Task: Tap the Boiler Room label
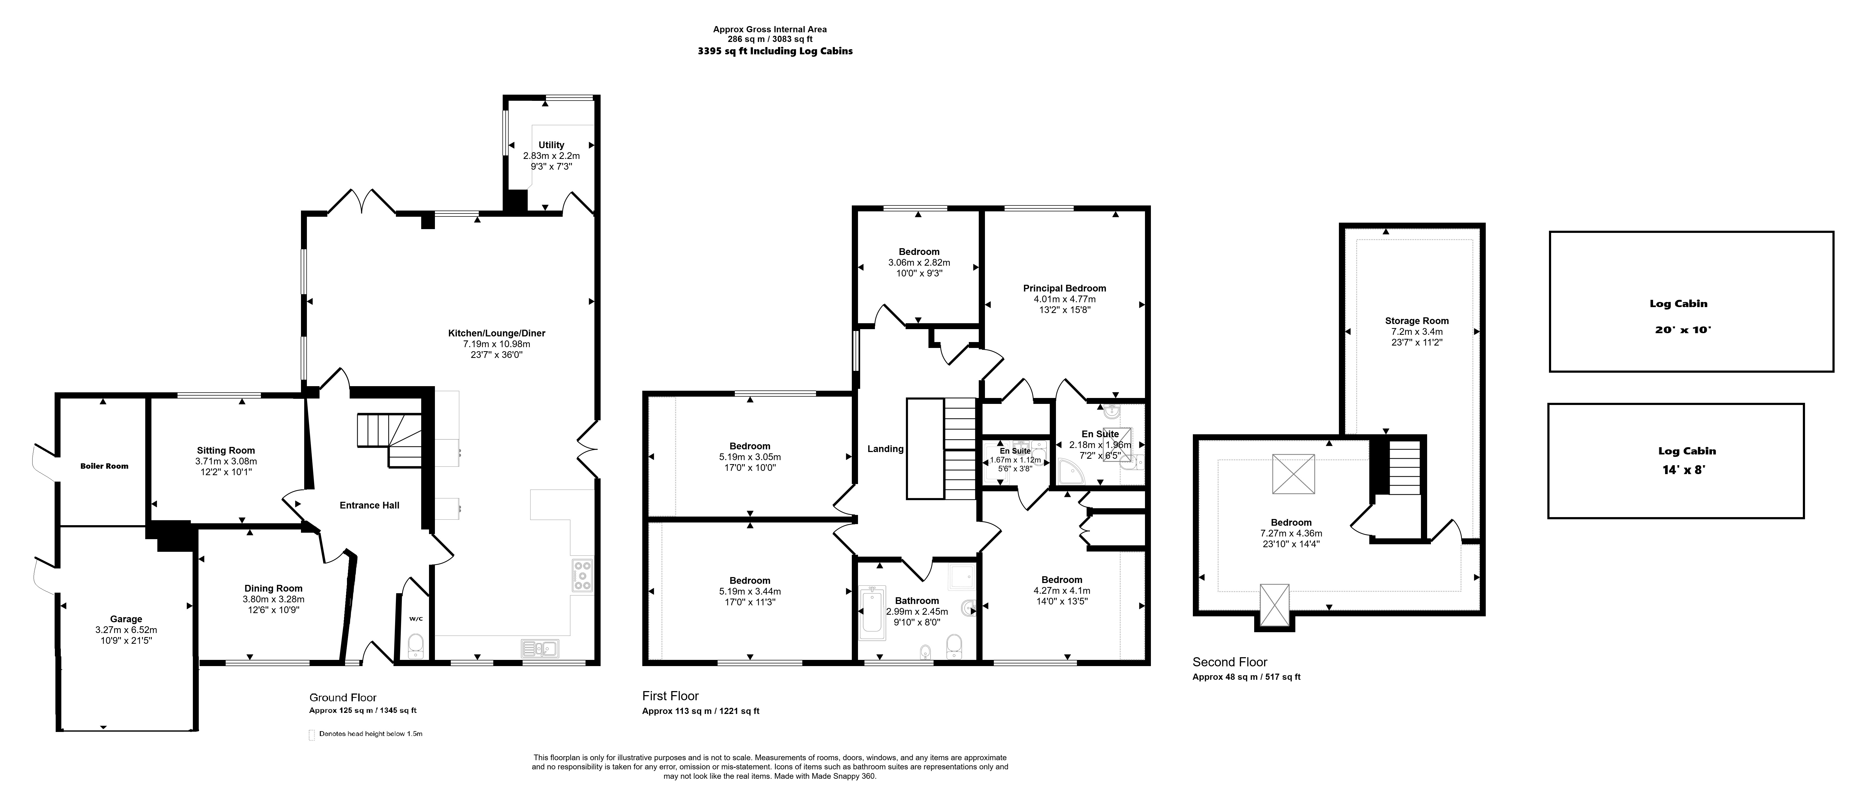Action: pyautogui.click(x=105, y=466)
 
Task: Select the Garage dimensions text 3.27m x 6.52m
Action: pyautogui.click(x=126, y=629)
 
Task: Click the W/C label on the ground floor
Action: pyautogui.click(x=416, y=618)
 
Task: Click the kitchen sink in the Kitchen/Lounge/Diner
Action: pyautogui.click(x=540, y=649)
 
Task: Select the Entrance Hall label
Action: pyautogui.click(x=369, y=505)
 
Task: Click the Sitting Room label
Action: pyautogui.click(x=226, y=451)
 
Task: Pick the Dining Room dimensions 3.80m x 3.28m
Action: pyautogui.click(x=273, y=599)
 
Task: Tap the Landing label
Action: pyautogui.click(x=885, y=449)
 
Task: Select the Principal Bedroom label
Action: pyautogui.click(x=1065, y=288)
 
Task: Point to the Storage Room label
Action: pyautogui.click(x=1417, y=321)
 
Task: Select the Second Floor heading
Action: pyautogui.click(x=1230, y=662)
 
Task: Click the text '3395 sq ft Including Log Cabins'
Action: pyautogui.click(x=775, y=51)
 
